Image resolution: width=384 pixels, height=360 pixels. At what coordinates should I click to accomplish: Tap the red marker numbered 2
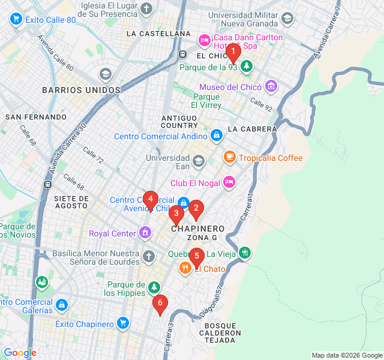(x=196, y=209)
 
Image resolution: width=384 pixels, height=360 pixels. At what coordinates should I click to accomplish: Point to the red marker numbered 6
(x=159, y=304)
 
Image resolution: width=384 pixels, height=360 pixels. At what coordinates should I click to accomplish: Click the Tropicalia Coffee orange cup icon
(x=229, y=158)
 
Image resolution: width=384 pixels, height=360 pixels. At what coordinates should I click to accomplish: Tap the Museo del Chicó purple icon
(x=272, y=86)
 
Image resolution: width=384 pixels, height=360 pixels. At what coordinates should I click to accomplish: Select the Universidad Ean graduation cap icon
(x=199, y=161)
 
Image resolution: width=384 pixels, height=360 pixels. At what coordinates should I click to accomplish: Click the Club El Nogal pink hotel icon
(x=229, y=182)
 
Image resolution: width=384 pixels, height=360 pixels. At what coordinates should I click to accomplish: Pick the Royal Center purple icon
(x=145, y=232)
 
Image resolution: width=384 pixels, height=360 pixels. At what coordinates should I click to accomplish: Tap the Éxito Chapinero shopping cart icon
(x=123, y=323)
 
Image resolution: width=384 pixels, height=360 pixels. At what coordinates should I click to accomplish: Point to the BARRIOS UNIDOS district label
(x=81, y=90)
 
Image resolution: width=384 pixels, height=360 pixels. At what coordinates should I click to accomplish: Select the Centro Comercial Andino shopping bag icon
(x=217, y=136)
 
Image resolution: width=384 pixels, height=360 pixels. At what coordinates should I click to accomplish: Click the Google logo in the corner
(x=20, y=353)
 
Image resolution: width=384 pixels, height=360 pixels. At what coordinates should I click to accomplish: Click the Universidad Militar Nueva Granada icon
(x=287, y=18)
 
